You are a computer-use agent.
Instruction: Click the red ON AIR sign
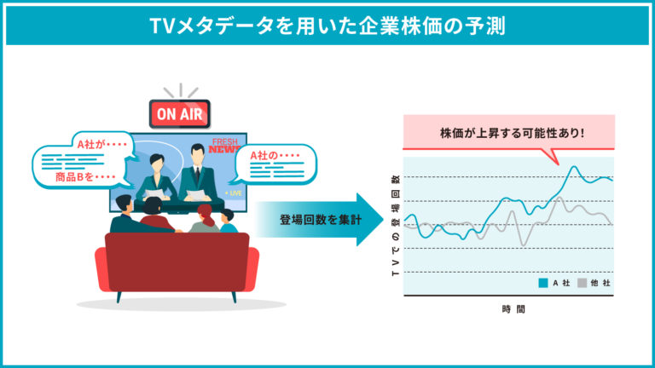point(180,113)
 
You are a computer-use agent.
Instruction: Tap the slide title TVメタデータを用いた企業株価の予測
point(327,26)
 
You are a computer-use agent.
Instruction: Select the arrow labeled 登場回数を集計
point(320,220)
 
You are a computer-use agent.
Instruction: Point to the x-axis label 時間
point(513,309)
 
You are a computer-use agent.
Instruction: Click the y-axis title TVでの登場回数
point(396,225)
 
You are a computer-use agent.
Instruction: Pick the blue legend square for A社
point(543,283)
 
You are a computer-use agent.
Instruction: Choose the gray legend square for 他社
point(582,283)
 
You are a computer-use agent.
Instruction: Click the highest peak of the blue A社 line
point(574,167)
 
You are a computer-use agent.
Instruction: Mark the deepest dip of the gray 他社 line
point(524,245)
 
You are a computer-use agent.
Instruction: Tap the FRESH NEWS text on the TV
point(225,146)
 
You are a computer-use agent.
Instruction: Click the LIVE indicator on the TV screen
point(234,193)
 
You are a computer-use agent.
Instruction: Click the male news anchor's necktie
point(197,175)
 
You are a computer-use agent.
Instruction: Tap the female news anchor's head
point(157,164)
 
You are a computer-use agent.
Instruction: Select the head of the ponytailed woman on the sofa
point(206,213)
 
